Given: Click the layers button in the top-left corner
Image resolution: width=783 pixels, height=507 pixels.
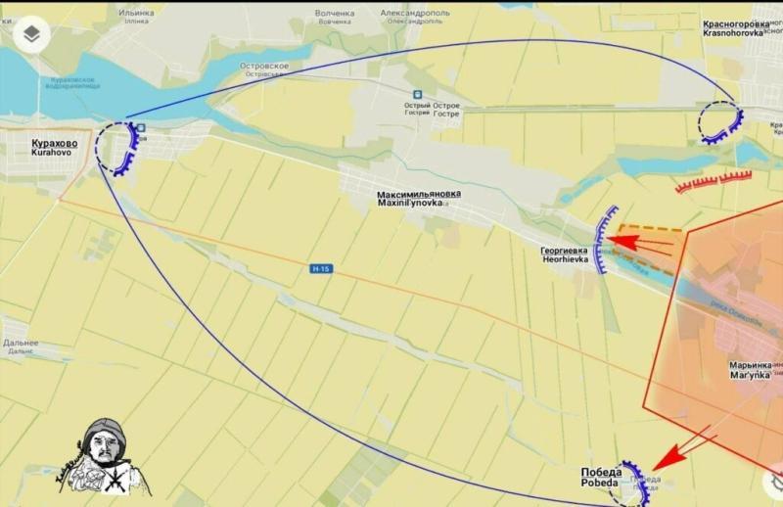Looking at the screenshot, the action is pos(32,34).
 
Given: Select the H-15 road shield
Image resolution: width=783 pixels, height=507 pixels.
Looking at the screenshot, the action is pos(321,268).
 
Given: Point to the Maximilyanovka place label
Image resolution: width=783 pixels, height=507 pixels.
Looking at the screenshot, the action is pos(419,198).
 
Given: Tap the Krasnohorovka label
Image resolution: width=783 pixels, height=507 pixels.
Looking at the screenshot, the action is pos(742,26).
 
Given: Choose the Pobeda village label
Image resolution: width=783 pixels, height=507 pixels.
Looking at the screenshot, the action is pos(601,477).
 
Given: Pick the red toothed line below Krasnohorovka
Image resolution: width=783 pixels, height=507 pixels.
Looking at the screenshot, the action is pos(714,181).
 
